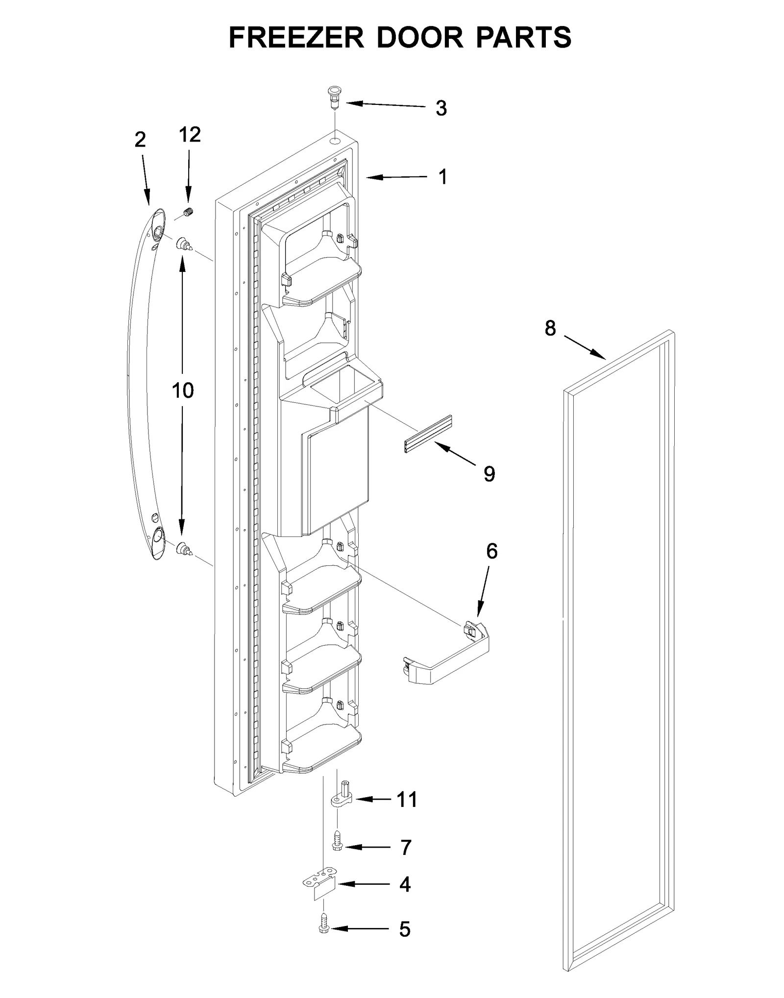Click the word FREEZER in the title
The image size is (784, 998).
(296, 38)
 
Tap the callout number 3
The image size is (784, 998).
(441, 108)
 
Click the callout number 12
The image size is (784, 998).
(190, 134)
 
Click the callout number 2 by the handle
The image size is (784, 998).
(140, 140)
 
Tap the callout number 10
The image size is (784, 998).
(182, 390)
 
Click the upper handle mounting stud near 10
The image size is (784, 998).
(184, 243)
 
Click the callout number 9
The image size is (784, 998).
(489, 474)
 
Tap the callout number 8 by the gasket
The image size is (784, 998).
(550, 328)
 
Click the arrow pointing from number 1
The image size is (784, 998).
(397, 177)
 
